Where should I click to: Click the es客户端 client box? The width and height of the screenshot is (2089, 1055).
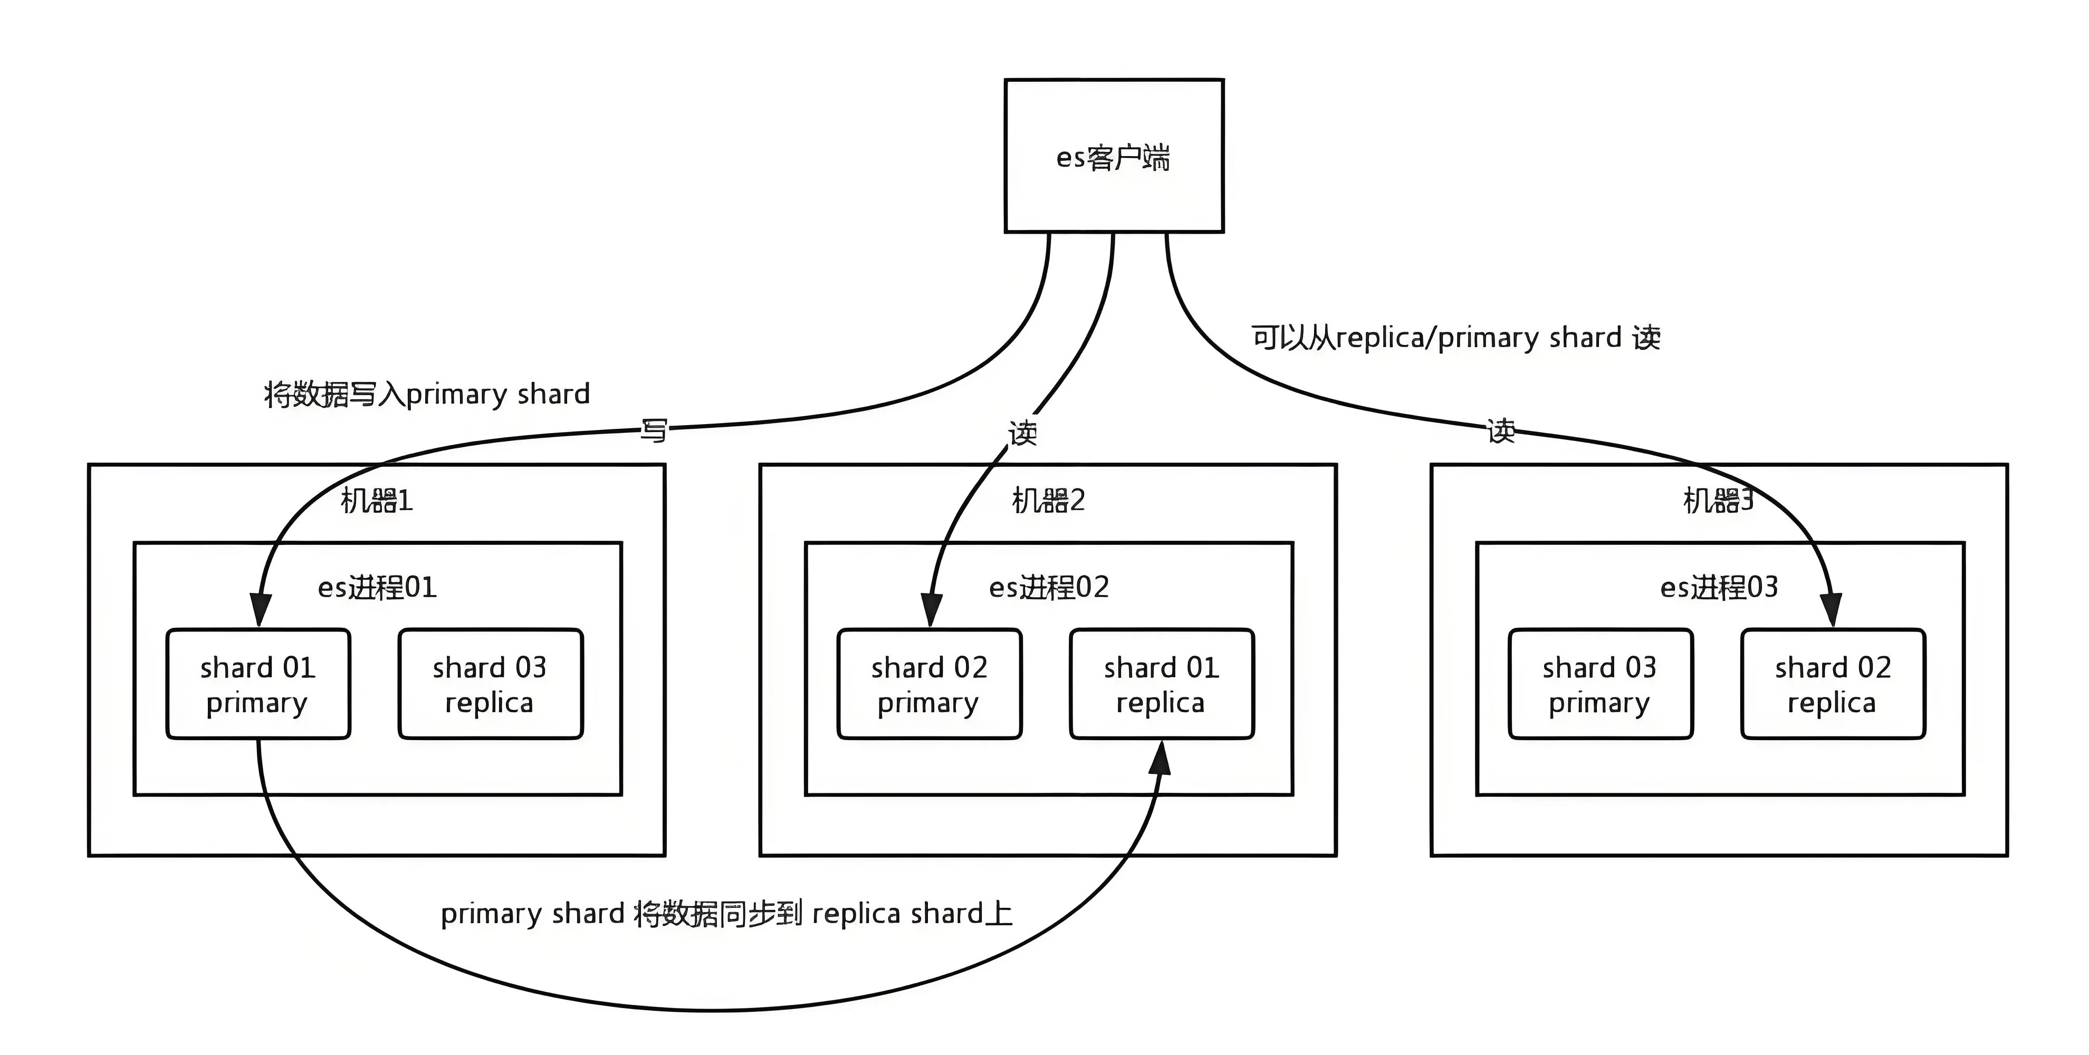tap(1114, 156)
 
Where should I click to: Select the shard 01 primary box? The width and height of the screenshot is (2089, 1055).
tap(258, 684)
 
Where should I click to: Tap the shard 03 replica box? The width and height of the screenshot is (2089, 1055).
tap(490, 684)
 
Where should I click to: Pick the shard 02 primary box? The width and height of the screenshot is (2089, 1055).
tap(929, 684)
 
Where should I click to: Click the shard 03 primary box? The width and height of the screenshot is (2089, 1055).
tap(1600, 684)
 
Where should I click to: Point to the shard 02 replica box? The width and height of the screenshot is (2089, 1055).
tap(1833, 684)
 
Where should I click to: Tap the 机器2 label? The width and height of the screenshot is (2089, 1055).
tap(1048, 501)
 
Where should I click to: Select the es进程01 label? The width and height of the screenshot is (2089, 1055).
tap(377, 586)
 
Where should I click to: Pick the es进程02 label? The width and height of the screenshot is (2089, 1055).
tap(1049, 586)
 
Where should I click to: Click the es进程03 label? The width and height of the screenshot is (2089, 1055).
tap(1719, 586)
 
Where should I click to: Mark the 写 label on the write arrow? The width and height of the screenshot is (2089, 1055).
tap(654, 430)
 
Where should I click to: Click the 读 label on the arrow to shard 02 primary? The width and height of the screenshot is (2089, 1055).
tap(1022, 433)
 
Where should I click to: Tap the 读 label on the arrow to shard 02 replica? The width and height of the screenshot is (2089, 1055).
tap(1501, 430)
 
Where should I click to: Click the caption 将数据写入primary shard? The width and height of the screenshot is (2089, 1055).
tap(427, 394)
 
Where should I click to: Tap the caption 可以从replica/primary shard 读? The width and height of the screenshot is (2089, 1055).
tap(1455, 338)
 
